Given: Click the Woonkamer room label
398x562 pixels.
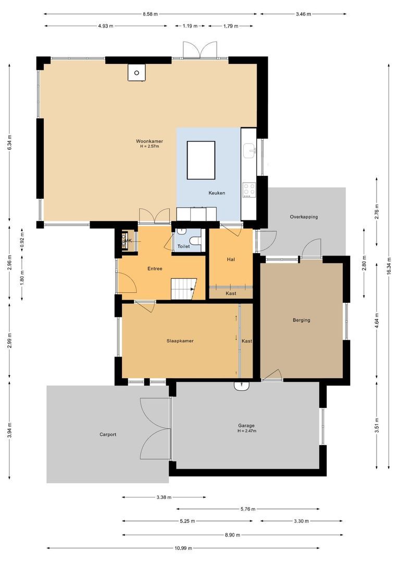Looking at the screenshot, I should point(150,141).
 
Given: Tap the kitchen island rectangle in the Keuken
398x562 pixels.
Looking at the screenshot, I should point(201,160).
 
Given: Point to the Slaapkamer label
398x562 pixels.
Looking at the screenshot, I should point(180,341).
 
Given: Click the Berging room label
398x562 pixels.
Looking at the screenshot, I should point(301,320).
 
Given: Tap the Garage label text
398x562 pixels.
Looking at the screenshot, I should point(247,425).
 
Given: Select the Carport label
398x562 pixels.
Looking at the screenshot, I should point(108,435).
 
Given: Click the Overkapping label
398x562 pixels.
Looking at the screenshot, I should point(304,217).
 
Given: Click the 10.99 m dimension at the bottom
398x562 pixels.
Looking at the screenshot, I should point(183,548).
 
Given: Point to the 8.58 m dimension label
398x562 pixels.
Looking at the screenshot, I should point(151,14).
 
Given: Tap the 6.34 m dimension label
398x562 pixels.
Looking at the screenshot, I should point(9,142).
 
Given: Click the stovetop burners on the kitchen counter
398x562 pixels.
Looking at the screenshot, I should point(249,189).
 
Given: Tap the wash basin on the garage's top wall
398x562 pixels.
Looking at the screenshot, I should point(243,386).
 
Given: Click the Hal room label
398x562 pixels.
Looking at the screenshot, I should point(231,259).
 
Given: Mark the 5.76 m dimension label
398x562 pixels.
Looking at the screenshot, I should point(248,509).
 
